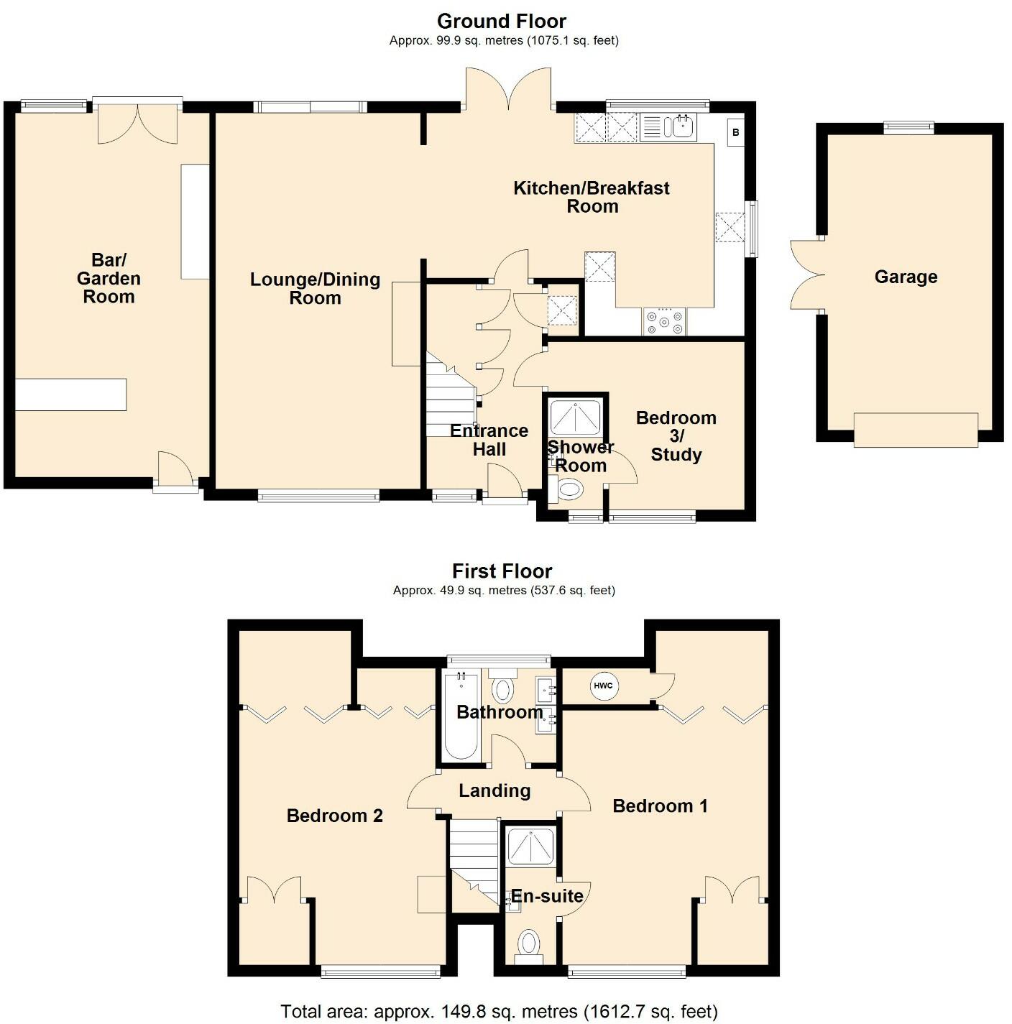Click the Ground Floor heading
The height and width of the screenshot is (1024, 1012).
click(x=501, y=22)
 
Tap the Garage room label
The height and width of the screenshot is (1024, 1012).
click(x=906, y=277)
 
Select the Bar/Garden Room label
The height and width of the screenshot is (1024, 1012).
click(x=109, y=278)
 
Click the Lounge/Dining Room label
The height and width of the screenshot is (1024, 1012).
click(x=316, y=289)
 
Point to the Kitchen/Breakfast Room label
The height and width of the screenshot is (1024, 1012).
click(x=592, y=197)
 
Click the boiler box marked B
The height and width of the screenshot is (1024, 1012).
click(x=735, y=132)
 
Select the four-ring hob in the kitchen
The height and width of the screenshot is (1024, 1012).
click(x=664, y=322)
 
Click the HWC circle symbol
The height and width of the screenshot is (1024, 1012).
click(x=603, y=686)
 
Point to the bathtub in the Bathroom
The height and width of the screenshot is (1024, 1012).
click(x=461, y=716)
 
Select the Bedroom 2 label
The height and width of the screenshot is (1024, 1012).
click(x=334, y=816)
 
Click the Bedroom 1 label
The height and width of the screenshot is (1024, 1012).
click(x=660, y=806)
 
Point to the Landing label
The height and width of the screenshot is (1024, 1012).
click(x=494, y=790)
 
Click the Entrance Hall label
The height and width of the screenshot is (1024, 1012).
click(x=489, y=440)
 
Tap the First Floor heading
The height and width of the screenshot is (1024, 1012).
click(x=502, y=571)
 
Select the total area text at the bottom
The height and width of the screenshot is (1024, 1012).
click(x=499, y=1011)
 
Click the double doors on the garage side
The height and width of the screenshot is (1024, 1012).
click(x=807, y=275)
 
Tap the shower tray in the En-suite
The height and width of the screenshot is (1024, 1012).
click(x=531, y=846)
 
